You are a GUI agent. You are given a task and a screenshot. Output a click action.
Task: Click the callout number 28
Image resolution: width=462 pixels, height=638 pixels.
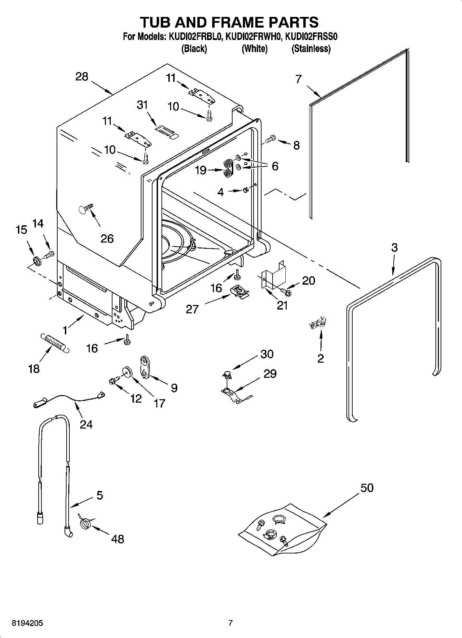click(x=82, y=77)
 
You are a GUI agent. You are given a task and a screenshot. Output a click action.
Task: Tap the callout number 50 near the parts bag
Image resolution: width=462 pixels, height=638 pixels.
click(x=367, y=488)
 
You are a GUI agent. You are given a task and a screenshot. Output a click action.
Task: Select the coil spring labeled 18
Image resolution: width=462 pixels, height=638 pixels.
click(x=55, y=343)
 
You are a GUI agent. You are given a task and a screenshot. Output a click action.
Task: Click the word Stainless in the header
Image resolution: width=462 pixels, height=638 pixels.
click(x=311, y=49)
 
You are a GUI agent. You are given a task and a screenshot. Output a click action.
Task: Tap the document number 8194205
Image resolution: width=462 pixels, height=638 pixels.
click(x=28, y=623)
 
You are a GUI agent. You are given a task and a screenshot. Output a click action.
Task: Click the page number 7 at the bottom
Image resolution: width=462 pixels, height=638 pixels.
click(x=230, y=623)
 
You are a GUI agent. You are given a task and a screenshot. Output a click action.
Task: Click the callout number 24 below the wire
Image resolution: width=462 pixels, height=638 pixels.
click(x=86, y=424)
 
